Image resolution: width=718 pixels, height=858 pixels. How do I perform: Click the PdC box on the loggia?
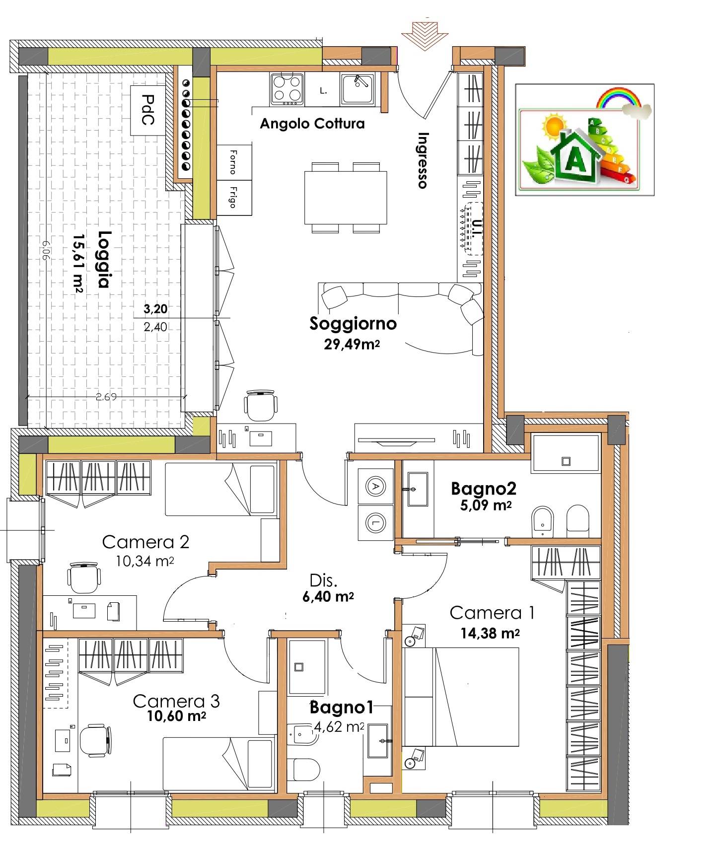point(146,110)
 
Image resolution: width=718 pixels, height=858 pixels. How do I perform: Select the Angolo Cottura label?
point(312,124)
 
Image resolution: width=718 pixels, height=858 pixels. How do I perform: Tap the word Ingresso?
point(423,160)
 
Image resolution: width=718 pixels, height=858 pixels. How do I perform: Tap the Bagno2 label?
point(483,489)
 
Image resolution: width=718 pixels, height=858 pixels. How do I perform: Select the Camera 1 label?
point(492,613)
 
